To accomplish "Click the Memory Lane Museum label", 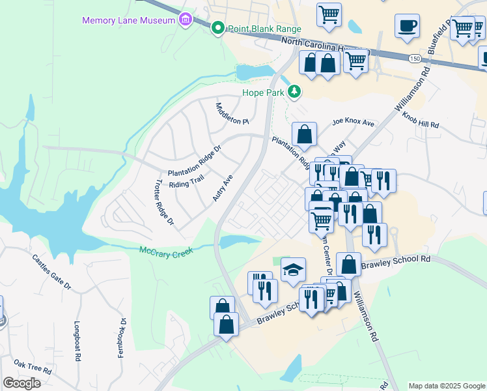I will [x=128, y=20].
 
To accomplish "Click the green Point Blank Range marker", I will [x=217, y=28].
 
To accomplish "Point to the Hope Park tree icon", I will [x=295, y=92].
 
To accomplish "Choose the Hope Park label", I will [x=264, y=93].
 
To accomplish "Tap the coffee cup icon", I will [x=407, y=25].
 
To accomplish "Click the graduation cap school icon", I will [x=293, y=269].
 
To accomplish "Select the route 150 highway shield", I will [x=415, y=59].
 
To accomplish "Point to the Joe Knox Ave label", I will [x=354, y=123].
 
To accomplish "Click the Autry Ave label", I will [x=223, y=188].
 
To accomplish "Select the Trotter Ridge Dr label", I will [x=165, y=203].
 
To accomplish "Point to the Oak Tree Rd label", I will [x=33, y=367].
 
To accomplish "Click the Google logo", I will [x=21, y=383].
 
